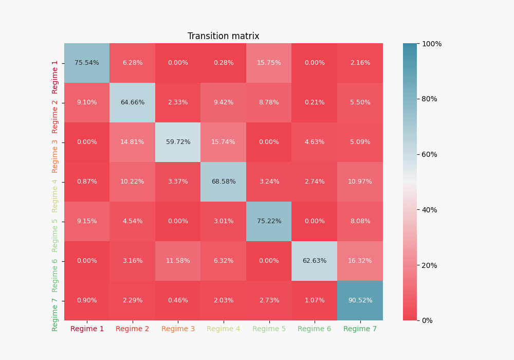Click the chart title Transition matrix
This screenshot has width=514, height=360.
point(223,36)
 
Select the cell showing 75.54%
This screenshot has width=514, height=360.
point(87,63)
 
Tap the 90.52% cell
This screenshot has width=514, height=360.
point(360,301)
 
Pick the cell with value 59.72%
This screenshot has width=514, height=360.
point(178,142)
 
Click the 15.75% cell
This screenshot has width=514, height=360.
point(269,63)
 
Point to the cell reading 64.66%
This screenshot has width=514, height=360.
point(133,103)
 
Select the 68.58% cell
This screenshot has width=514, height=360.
point(224,182)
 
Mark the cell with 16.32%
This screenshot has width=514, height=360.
point(360,261)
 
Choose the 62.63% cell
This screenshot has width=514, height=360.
point(315,261)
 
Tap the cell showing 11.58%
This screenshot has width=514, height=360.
point(178,261)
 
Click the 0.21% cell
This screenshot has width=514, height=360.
point(315,103)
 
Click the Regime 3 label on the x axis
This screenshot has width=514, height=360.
point(178,329)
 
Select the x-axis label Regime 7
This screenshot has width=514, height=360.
point(360,329)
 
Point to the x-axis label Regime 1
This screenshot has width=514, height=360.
point(87,329)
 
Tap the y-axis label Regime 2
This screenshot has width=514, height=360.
point(54,117)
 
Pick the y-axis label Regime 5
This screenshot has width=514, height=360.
point(54,236)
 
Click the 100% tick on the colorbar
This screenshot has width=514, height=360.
point(432,44)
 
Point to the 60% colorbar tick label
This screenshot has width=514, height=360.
point(429,154)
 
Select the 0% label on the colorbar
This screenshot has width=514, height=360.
point(427,320)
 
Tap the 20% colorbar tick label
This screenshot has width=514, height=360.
point(429,265)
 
